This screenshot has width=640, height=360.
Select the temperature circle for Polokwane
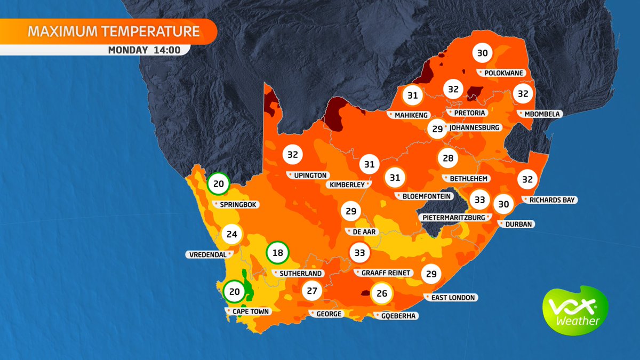[x=482, y=53]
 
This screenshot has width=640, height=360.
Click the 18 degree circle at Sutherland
[x=278, y=253]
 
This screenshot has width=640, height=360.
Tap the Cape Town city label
[x=248, y=311]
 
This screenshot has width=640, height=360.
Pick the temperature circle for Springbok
[x=219, y=184]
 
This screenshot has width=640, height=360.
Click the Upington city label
[x=309, y=175]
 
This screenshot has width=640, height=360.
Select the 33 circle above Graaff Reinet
[x=360, y=252]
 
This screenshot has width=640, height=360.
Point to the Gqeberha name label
[x=397, y=316]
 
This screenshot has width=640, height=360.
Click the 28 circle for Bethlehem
[x=448, y=158]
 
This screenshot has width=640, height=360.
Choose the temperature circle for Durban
[x=503, y=204]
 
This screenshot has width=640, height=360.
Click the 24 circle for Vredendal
[x=231, y=234]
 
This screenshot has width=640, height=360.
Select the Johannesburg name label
[x=474, y=128]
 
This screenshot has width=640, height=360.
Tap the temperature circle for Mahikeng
[x=412, y=96]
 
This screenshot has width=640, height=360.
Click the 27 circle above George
[x=313, y=291]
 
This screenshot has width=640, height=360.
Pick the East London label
[x=451, y=297]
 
